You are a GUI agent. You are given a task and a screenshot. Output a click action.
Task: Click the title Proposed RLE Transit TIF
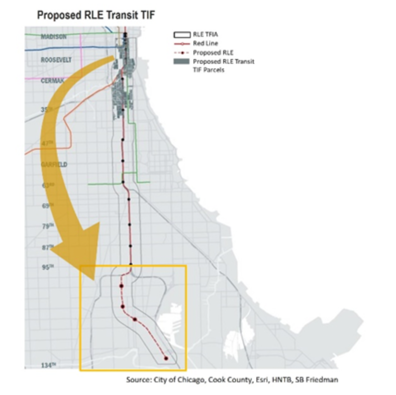(x=96, y=15)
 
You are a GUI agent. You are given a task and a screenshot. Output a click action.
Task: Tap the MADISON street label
(x=53, y=37)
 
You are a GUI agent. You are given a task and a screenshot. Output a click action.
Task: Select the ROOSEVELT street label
(x=56, y=60)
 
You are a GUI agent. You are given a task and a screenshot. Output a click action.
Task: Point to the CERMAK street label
(x=52, y=81)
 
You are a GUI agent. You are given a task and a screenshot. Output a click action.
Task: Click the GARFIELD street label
(x=54, y=164)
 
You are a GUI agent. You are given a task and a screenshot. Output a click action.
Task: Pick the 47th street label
(x=47, y=144)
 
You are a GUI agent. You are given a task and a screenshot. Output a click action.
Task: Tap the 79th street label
(x=47, y=226)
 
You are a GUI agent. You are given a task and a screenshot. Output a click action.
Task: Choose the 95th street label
(x=47, y=267)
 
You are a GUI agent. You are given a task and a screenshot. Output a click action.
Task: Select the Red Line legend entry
(x=205, y=44)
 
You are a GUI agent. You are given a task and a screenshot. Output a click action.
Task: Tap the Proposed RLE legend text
(x=213, y=53)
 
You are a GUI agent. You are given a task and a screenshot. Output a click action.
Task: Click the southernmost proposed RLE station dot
(x=166, y=358)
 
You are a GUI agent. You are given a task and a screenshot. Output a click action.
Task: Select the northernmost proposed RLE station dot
(x=122, y=286)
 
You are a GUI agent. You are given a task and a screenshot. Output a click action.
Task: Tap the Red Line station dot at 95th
(x=131, y=264)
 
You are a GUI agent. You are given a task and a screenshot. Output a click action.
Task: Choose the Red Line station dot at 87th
(x=130, y=246)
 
